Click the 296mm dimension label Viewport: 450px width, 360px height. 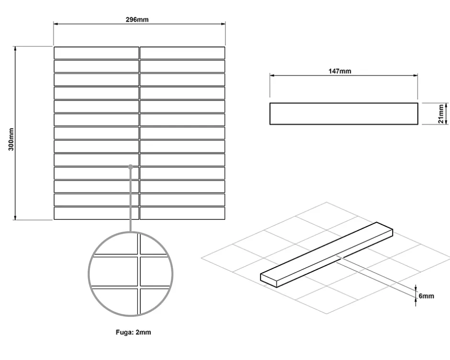point(137,20)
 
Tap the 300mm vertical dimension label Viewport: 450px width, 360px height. point(11,139)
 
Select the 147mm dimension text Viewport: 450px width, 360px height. point(340,71)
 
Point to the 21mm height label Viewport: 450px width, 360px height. point(440,113)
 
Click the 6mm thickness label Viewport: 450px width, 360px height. point(426,296)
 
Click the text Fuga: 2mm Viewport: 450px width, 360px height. point(133,332)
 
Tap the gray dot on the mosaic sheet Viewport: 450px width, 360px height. point(131,167)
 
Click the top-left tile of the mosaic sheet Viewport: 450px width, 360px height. point(96,53)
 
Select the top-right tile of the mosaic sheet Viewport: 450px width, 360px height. point(182,53)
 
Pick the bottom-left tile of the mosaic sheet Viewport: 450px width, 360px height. point(96,214)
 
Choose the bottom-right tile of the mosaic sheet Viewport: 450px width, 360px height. point(182,214)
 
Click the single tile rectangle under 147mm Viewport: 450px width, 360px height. point(344,113)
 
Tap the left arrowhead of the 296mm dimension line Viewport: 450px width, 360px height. point(56,24)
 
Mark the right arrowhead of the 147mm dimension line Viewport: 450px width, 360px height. point(416,76)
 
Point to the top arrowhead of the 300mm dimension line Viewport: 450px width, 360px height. point(15,48)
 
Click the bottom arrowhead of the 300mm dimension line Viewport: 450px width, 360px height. point(15,218)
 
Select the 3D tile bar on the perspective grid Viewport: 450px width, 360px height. point(326,255)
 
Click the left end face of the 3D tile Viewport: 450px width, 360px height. point(269,281)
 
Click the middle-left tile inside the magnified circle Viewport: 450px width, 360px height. point(114,271)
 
